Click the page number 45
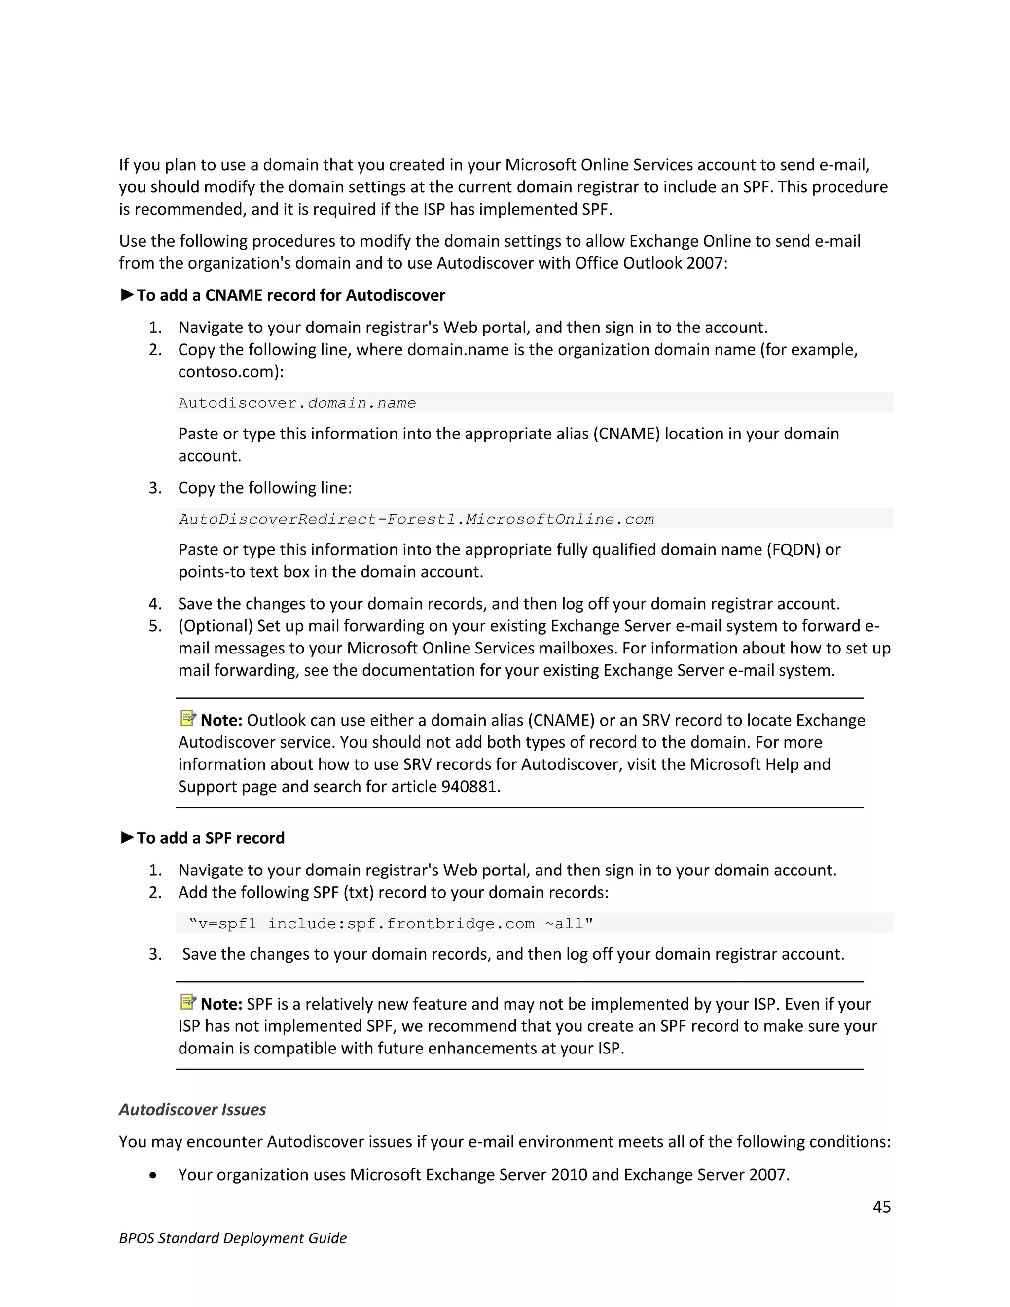881,1206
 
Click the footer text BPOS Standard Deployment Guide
233,1237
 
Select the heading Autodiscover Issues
192,1109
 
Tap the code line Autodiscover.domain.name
297,403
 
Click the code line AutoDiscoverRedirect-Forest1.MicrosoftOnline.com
416,519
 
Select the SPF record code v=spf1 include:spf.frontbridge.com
390,923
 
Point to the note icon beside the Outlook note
188,718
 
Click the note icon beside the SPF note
188,1001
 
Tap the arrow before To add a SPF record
127,837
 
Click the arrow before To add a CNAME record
127,294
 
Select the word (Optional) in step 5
216,625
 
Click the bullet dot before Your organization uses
154,1175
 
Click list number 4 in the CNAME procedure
155,603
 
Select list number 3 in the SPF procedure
155,954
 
